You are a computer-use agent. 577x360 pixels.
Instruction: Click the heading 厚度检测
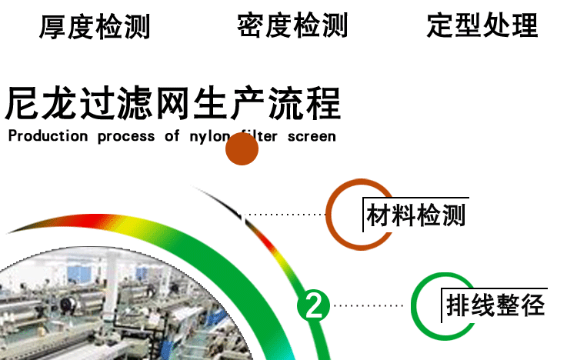(x=95, y=26)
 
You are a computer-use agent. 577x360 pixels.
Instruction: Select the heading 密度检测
(x=292, y=25)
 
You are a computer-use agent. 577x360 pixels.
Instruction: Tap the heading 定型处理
(x=482, y=25)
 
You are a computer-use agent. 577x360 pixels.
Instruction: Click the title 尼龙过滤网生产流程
(x=172, y=103)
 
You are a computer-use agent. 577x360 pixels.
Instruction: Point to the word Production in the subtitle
(x=48, y=136)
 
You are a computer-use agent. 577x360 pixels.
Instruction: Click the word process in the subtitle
(x=126, y=137)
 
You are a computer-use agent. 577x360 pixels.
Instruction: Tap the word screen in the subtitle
(x=312, y=137)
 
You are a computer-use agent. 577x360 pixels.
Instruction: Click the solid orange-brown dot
(x=242, y=148)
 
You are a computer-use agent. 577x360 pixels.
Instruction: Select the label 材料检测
(x=415, y=215)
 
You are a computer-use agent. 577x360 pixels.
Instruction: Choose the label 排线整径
(x=495, y=305)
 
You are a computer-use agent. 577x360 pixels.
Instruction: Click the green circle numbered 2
(x=313, y=305)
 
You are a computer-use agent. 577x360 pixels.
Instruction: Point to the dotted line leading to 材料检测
(x=284, y=215)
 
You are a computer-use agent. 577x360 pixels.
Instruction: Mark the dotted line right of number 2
(x=369, y=305)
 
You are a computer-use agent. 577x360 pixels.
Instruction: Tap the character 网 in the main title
(x=172, y=103)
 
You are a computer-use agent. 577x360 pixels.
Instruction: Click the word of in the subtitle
(x=172, y=136)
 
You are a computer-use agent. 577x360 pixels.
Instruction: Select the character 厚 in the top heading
(x=52, y=26)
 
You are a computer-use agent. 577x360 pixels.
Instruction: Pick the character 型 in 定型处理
(x=469, y=25)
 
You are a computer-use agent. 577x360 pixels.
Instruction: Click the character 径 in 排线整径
(x=533, y=305)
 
